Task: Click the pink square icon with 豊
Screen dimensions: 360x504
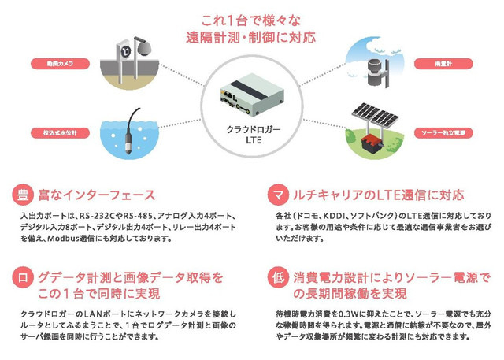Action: click(x=24, y=195)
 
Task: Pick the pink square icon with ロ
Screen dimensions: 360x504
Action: click(x=24, y=277)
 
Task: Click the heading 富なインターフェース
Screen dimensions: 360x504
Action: click(x=94, y=195)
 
